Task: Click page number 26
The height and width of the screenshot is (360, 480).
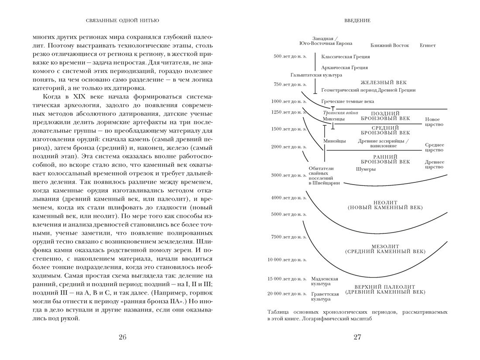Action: click(123, 337)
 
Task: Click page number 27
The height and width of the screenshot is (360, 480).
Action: click(357, 337)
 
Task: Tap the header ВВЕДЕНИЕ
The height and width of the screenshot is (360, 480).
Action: click(357, 21)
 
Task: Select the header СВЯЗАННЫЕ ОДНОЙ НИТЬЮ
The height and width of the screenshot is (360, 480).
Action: click(123, 21)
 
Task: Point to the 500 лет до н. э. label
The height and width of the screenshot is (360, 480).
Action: click(290, 56)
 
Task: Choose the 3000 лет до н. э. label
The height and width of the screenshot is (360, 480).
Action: click(288, 175)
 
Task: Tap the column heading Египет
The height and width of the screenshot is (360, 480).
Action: click(428, 45)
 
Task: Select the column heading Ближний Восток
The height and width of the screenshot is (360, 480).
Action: click(390, 45)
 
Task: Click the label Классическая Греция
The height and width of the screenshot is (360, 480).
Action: click(345, 57)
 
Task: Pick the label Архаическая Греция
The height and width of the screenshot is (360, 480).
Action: click(344, 68)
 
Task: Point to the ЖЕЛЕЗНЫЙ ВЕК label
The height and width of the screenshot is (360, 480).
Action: click(384, 82)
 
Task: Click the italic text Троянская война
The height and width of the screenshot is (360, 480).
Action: click(340, 113)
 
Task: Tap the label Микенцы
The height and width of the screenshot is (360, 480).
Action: click(334, 119)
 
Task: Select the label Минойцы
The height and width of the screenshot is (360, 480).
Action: click(335, 141)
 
